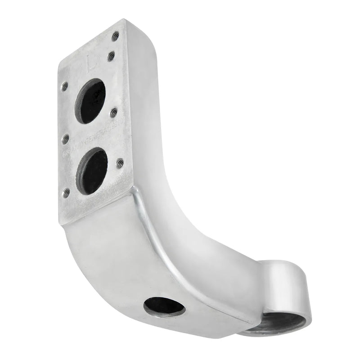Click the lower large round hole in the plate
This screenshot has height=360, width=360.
91,171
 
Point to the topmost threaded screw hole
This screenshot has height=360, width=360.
115,35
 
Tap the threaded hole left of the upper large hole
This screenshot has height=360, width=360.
65,85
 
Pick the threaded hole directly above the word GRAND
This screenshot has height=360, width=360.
65,138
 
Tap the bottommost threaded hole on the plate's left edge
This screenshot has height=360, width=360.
65,192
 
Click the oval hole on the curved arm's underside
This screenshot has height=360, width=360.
164,306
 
